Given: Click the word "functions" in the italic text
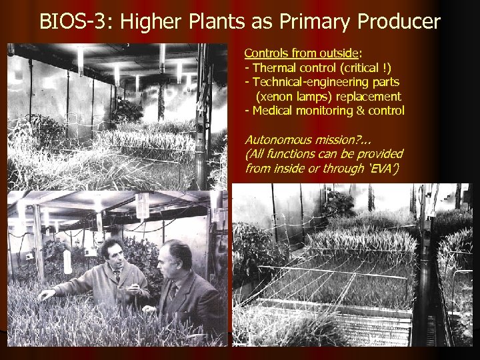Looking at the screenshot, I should pos(295,154).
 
